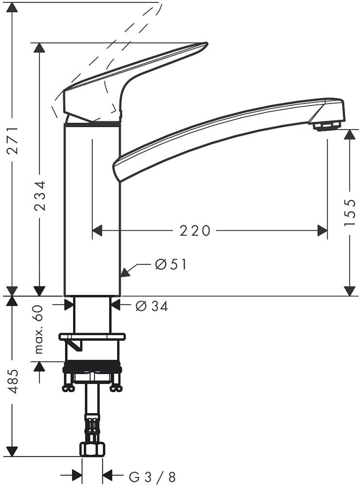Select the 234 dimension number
tap(40, 195)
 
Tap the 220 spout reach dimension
tap(195, 231)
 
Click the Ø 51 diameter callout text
tap(171, 265)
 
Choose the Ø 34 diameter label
tap(152, 306)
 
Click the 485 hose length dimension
tap(13, 381)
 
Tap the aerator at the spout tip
tap(327, 126)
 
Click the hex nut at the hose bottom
tap(93, 449)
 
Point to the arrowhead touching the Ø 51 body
tap(125, 271)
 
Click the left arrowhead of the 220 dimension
tap(97, 231)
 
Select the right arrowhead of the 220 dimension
tap(322, 231)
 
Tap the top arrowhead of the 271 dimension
tap(12, 7)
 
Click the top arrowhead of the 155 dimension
tap(349, 135)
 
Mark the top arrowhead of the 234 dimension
tap(39, 47)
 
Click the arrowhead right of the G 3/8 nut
tap(108, 474)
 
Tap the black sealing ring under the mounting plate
tap(92, 367)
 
